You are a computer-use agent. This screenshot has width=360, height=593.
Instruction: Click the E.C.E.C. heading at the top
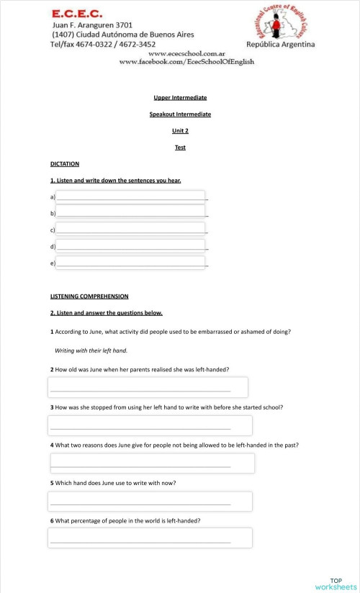coord(77,13)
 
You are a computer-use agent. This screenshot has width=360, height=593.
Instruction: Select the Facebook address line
coord(186,62)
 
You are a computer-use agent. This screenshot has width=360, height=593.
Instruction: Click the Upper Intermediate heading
coord(180,97)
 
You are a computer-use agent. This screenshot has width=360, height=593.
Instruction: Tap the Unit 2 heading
coord(180,130)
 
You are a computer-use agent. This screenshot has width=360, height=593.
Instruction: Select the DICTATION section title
coord(65,163)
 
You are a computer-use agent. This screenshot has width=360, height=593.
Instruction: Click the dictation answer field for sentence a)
coord(130,196)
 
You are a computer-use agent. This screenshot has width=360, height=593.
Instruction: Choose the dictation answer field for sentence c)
coord(130,230)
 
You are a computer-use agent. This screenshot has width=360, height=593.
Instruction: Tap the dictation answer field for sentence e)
coord(130,263)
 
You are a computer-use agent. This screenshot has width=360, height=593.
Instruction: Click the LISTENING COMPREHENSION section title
coord(89,296)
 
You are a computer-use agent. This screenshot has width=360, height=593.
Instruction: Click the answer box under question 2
coord(148,387)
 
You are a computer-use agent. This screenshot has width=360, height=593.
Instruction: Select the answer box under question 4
coord(151,463)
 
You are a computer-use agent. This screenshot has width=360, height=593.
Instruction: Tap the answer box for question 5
coord(150,501)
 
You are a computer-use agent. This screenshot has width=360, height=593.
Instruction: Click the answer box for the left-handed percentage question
coord(150,538)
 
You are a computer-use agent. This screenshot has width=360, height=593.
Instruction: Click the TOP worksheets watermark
coord(336,584)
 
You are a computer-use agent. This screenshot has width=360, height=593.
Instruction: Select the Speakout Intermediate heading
coord(180,114)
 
